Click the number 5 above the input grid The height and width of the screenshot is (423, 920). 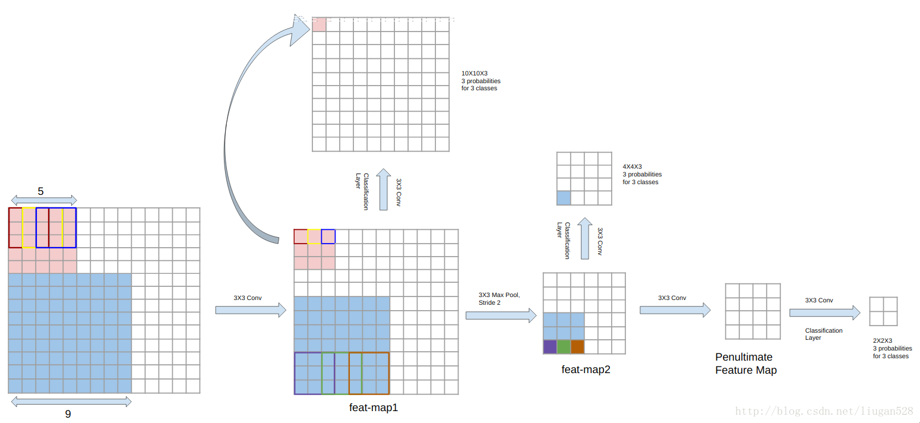[40, 191]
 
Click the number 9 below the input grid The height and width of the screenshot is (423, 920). [68, 413]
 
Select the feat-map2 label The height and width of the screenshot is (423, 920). [586, 370]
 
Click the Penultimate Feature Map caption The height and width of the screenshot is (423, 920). [745, 364]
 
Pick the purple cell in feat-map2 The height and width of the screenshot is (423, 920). [550, 347]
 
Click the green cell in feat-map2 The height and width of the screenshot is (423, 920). [564, 347]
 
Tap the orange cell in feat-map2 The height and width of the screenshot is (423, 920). [577, 347]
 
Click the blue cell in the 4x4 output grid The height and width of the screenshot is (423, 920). [564, 198]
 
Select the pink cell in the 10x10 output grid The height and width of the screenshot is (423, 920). [319, 24]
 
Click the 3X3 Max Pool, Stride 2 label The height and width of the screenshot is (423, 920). [499, 298]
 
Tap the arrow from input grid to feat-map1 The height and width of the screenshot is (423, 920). [250, 310]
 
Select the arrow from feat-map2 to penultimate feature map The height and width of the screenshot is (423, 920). [675, 310]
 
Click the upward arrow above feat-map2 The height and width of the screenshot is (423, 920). [585, 238]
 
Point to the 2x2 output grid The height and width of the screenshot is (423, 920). [883, 311]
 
